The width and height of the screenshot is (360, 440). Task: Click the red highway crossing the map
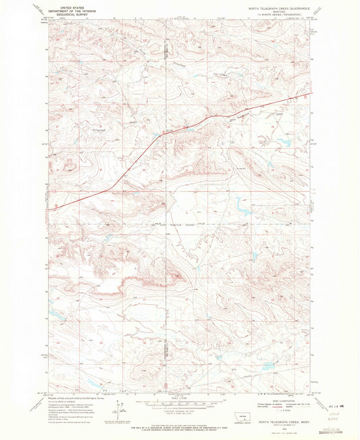[135, 162]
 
